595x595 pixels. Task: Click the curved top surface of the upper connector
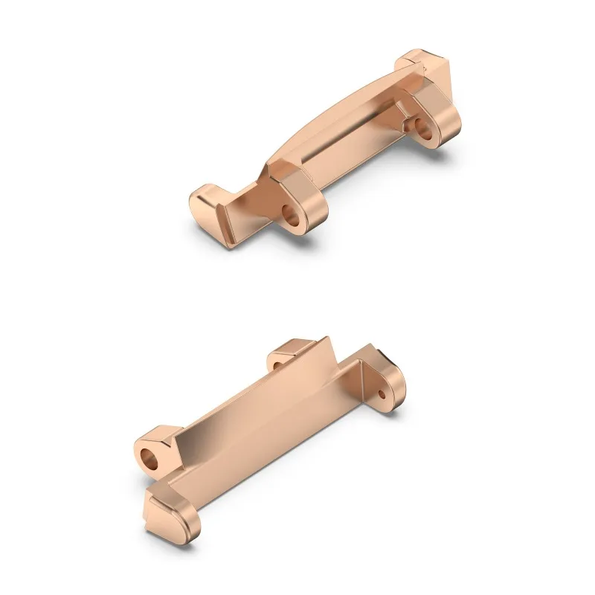[335, 119]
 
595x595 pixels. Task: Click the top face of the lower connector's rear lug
[294, 346]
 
